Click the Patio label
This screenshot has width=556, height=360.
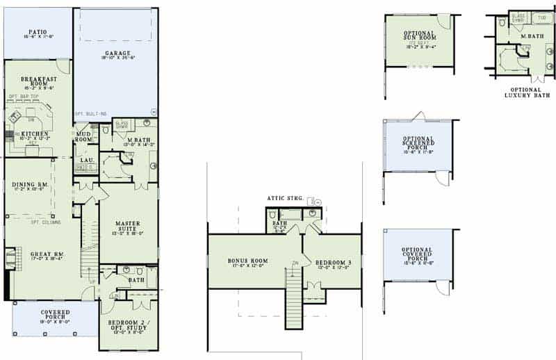[x=38, y=32]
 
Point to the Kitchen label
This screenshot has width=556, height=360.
[x=33, y=133]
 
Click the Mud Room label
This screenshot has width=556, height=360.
[x=85, y=136]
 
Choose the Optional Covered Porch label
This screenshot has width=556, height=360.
[x=418, y=254]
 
